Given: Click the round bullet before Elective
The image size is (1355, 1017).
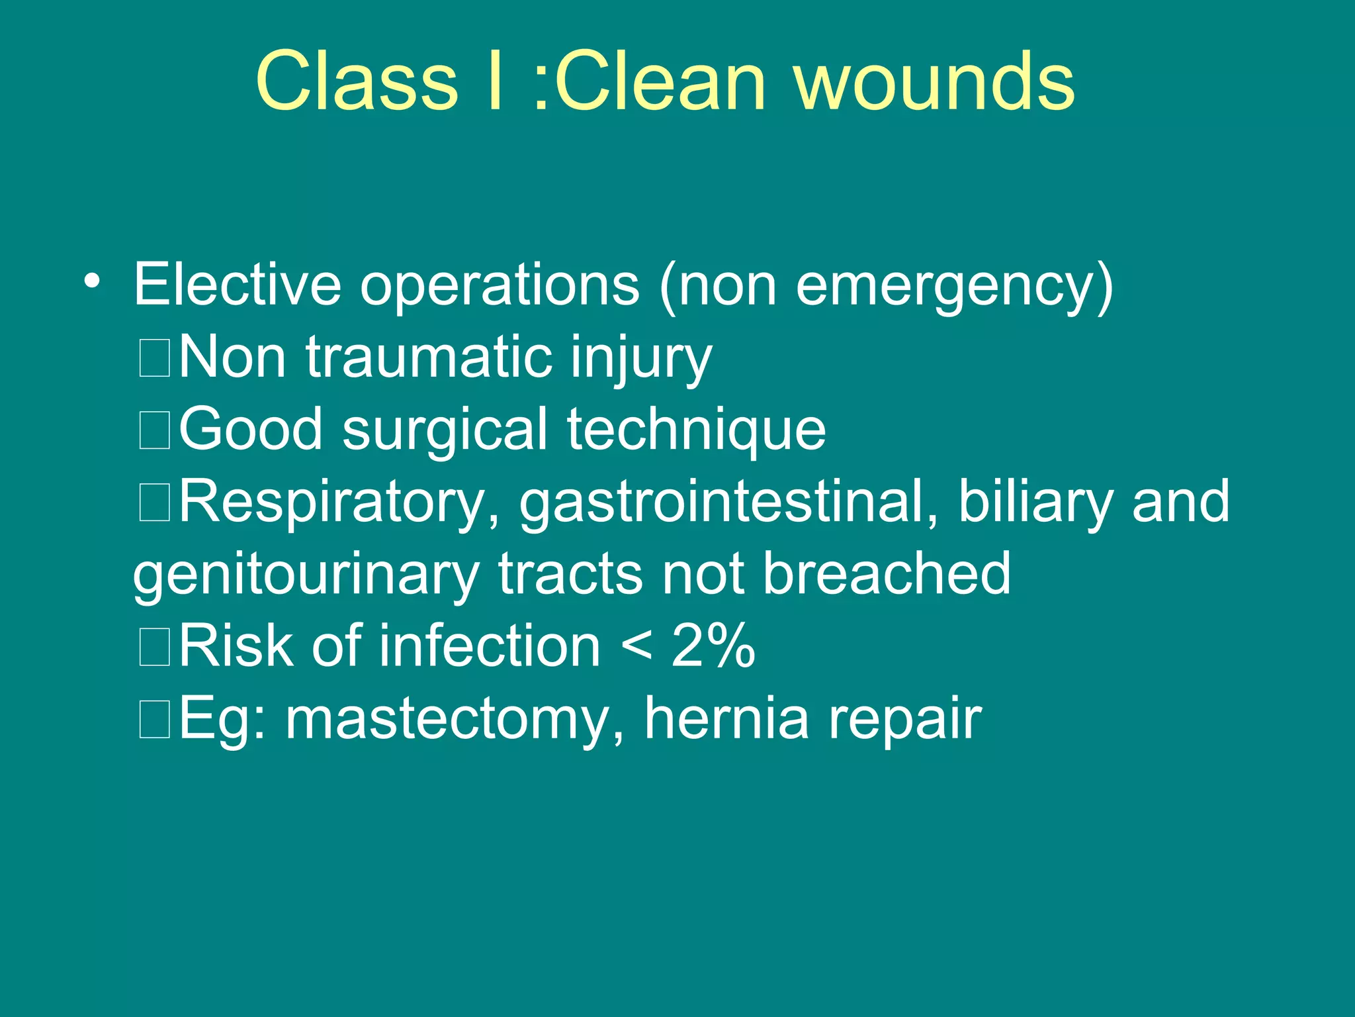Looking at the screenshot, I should (92, 281).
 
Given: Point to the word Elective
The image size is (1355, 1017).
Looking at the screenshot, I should (237, 285).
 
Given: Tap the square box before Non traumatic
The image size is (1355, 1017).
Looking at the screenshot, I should (155, 358).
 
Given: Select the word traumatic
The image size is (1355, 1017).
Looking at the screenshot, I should (427, 358).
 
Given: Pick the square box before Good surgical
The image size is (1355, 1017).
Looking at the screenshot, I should (155, 430).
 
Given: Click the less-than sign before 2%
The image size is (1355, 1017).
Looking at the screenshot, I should (636, 646).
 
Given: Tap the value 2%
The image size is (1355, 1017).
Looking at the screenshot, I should (713, 646).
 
